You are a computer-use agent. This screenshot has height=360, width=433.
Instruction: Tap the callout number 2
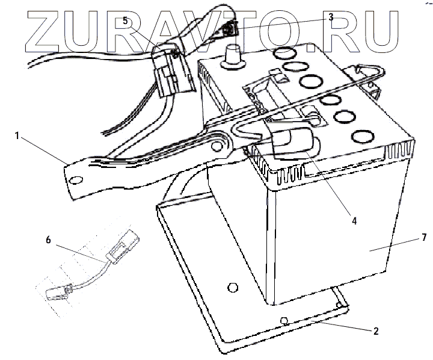(375, 331)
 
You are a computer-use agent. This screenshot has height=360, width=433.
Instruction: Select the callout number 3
(330, 17)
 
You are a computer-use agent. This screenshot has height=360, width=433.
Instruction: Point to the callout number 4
(355, 221)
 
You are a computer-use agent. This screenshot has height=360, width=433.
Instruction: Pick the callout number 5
(125, 20)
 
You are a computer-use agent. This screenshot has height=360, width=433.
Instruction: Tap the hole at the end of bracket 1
(75, 180)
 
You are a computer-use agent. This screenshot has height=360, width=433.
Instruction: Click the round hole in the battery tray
(232, 284)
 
